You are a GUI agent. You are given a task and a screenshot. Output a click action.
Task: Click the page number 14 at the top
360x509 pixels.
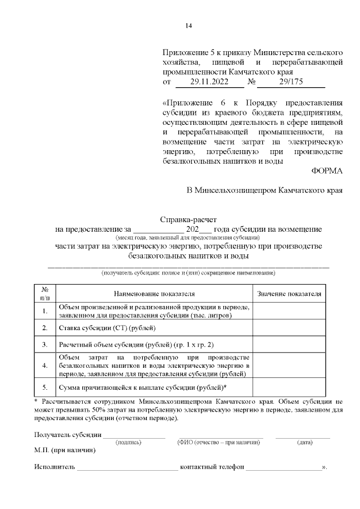[188, 26]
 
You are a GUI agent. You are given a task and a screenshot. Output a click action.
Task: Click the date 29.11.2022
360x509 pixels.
[209, 82]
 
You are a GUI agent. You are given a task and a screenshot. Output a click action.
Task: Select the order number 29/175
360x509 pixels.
[291, 82]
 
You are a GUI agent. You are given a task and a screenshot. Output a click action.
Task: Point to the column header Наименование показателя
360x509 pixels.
[154, 294]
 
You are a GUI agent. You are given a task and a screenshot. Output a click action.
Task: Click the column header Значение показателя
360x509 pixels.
[289, 294]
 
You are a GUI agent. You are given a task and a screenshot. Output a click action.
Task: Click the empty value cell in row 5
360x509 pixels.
[289, 388]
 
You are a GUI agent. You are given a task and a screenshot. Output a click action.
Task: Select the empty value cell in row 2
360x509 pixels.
[289, 327]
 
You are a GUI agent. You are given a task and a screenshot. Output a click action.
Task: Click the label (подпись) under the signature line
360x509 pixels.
[128, 443]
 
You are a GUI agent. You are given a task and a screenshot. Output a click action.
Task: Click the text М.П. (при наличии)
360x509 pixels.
[65, 451]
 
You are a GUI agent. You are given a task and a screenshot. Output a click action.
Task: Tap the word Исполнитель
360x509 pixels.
[55, 467]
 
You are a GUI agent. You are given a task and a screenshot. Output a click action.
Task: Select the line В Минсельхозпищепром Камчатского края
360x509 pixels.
[264, 191]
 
